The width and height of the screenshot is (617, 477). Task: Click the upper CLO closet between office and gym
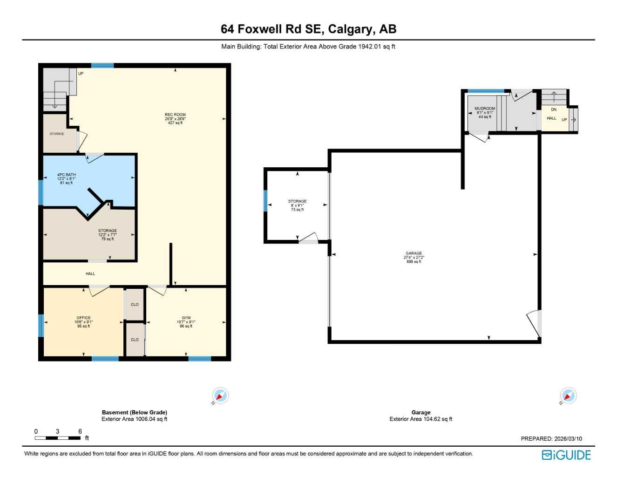[x=135, y=305]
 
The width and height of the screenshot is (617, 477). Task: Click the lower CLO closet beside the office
[x=135, y=340]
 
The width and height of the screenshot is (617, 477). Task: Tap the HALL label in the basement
[x=90, y=274]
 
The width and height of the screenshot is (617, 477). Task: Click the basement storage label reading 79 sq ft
[x=107, y=234]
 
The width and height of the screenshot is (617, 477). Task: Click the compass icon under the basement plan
[x=220, y=396]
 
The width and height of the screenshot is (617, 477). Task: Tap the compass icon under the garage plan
[x=568, y=396]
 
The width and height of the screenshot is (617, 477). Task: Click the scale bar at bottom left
[x=58, y=438]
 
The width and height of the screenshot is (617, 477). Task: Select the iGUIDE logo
[x=566, y=455]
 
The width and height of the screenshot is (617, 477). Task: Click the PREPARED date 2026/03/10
[x=551, y=439]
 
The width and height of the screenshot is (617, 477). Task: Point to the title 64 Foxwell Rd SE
[x=308, y=29]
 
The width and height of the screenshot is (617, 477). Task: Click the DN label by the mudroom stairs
[x=554, y=109]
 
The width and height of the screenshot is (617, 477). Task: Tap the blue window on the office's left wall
[x=41, y=326]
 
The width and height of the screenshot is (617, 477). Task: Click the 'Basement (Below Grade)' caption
[x=134, y=412]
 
